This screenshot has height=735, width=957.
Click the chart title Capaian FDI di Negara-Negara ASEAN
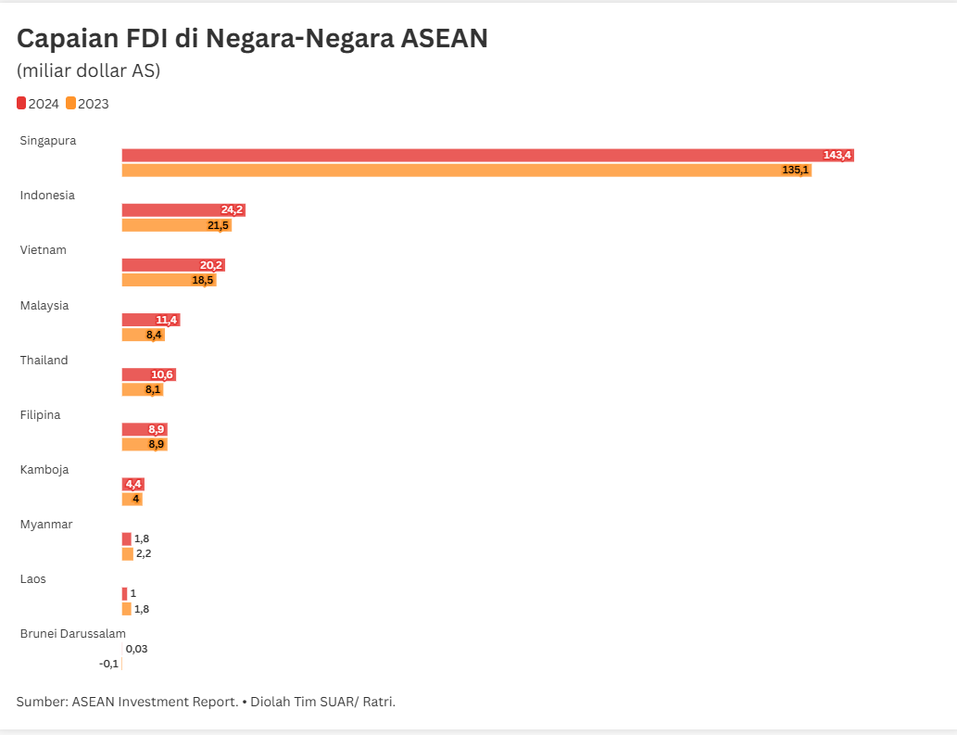[x=252, y=38]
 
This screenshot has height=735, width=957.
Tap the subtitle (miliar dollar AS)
[x=88, y=70]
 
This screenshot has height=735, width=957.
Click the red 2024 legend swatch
[x=21, y=103]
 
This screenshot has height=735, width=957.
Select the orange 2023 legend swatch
[x=71, y=103]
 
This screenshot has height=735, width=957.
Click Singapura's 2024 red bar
[x=463, y=155]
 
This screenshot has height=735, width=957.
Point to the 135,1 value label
[x=795, y=171]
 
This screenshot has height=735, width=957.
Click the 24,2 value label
[x=232, y=210]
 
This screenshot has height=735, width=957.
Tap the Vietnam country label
[x=44, y=250]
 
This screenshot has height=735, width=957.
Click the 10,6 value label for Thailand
[x=162, y=374]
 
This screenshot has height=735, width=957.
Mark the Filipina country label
[x=41, y=415]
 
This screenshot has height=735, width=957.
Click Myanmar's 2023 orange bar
[x=127, y=553]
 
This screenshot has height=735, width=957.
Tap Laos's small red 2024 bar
[x=124, y=593]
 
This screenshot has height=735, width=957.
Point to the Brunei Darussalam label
[x=73, y=634]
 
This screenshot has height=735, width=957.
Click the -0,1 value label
[x=108, y=664]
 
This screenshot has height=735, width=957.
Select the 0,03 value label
[x=136, y=649]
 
